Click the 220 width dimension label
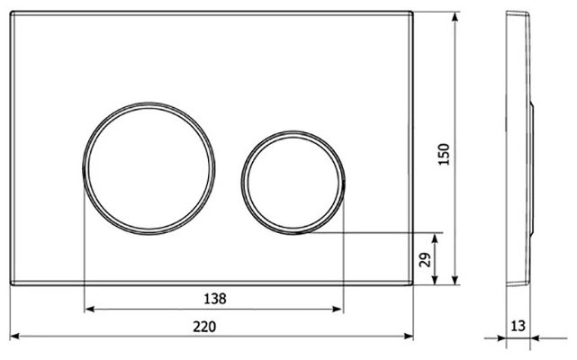tap(204, 327)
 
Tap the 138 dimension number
tap(215, 299)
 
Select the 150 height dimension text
tap(444, 154)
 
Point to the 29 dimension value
tap(425, 259)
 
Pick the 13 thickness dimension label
tap(518, 326)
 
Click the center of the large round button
tap(149, 168)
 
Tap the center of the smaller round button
tap(293, 183)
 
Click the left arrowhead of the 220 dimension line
tap(14, 336)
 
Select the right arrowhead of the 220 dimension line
tap(409, 336)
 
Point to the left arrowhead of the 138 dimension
tap(89, 310)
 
